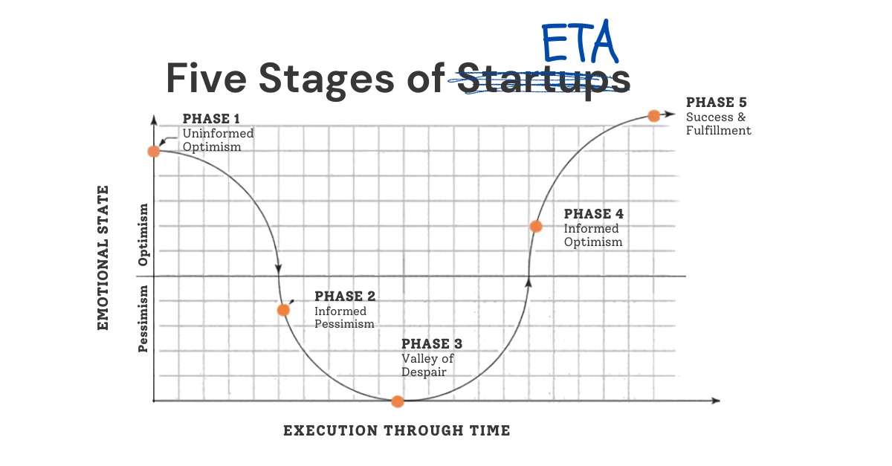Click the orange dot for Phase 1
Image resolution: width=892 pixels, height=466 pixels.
(x=154, y=152)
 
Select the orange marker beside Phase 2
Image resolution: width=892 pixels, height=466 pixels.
(x=283, y=310)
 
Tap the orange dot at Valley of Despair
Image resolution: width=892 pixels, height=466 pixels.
(x=398, y=401)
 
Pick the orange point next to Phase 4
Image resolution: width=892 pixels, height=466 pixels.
(x=536, y=226)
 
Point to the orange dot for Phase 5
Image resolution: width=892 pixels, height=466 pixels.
(x=653, y=116)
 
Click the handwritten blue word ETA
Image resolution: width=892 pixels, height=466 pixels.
(x=580, y=42)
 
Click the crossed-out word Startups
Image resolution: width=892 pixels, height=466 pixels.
(x=543, y=79)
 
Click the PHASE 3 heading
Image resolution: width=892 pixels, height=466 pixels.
(x=432, y=343)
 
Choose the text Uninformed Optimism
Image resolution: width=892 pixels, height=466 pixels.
(x=218, y=140)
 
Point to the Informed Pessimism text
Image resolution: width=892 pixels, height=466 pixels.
(x=344, y=317)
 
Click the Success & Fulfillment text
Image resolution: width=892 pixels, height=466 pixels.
(x=718, y=123)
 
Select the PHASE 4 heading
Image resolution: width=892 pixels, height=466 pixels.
(x=593, y=214)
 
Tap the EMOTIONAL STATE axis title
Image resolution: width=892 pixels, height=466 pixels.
(x=103, y=258)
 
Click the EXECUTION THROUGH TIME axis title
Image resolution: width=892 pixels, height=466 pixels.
(x=397, y=430)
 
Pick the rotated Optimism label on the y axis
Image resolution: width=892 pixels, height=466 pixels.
(x=143, y=235)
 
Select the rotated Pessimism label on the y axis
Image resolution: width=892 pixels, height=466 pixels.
(x=143, y=319)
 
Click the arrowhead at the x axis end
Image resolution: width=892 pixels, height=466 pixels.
(x=716, y=401)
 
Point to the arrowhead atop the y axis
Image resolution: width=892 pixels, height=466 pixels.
(x=154, y=120)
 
